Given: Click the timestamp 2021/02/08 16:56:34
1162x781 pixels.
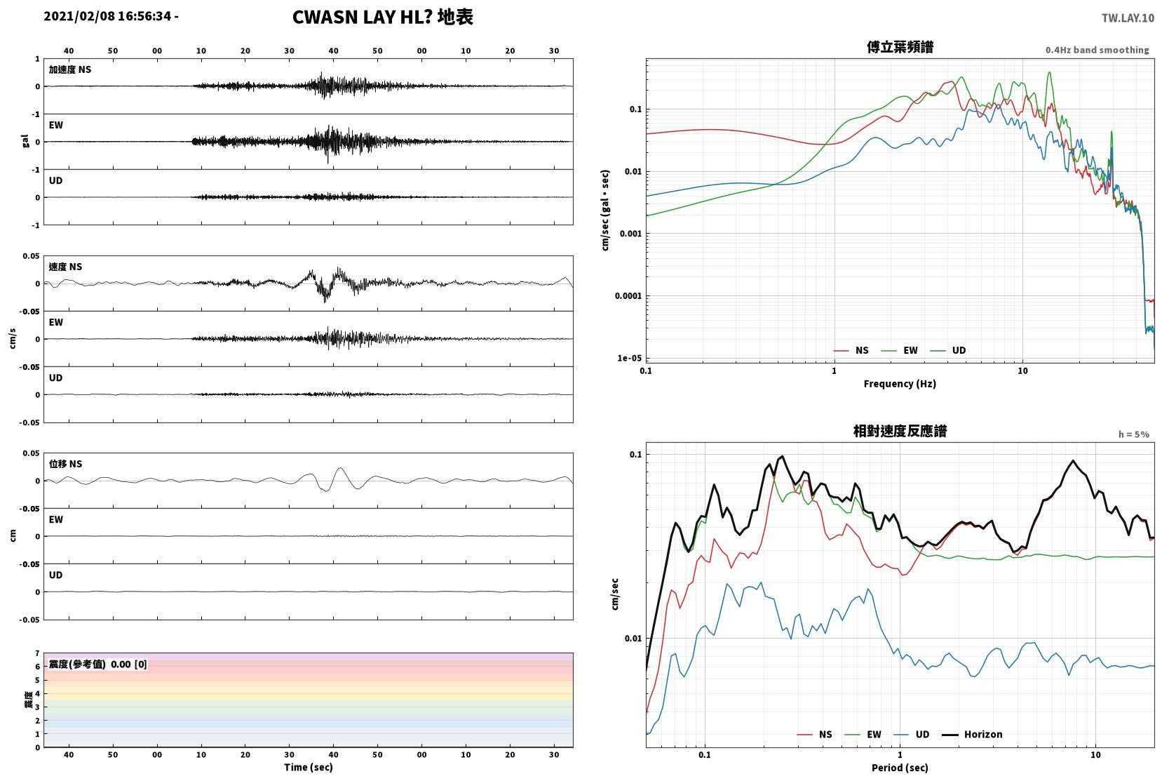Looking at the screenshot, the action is [107, 16].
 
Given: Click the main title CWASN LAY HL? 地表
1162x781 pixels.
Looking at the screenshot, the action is [383, 17].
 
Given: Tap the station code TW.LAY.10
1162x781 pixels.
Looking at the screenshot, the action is [1128, 18].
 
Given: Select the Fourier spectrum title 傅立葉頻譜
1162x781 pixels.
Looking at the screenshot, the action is [900, 47].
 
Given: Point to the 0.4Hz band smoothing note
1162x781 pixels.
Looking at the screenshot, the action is [1097, 50].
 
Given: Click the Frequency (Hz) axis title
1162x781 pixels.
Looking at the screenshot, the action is [900, 384].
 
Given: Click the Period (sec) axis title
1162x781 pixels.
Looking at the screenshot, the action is [900, 768].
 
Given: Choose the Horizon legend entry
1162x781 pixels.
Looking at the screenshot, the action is [972, 734].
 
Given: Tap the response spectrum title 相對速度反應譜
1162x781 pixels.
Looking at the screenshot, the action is [900, 432].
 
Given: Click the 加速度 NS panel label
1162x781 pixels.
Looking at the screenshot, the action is [70, 69].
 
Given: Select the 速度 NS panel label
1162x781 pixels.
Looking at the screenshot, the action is [65, 267].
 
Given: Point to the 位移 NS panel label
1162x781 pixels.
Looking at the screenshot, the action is [65, 464].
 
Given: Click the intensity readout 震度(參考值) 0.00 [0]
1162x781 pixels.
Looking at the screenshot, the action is [98, 665].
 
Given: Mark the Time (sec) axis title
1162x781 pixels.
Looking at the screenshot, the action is [308, 768].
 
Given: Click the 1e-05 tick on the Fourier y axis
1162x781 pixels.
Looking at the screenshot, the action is [629, 358].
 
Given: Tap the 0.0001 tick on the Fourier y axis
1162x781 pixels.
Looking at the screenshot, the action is [628, 296].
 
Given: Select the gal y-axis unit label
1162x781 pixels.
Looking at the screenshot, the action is [25, 141].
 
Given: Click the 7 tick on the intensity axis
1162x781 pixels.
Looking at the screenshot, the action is [37, 653].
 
